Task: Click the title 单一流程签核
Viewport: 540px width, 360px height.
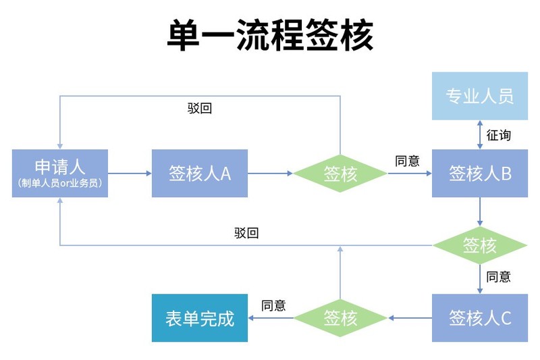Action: (270, 36)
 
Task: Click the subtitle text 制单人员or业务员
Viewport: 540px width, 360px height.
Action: (60, 183)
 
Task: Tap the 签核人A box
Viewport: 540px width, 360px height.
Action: (200, 173)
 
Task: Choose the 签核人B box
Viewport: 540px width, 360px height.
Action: (480, 173)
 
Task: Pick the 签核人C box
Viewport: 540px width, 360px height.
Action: (480, 317)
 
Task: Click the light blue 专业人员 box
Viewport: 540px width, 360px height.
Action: (480, 96)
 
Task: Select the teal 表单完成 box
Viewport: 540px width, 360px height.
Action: (200, 318)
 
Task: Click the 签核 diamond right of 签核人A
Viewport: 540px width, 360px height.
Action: (340, 174)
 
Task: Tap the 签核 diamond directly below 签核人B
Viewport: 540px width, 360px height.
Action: (480, 245)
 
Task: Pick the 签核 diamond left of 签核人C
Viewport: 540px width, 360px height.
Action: (340, 317)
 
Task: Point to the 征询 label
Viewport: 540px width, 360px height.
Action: (498, 135)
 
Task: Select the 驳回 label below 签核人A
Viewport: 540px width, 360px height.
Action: (246, 233)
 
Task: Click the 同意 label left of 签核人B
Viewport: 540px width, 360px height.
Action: (408, 161)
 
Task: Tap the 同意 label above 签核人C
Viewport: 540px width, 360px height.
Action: (498, 276)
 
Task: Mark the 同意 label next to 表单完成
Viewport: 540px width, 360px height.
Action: (273, 305)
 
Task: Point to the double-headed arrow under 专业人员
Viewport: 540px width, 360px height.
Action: (480, 135)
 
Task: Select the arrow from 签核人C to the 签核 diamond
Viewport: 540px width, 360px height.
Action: (410, 317)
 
